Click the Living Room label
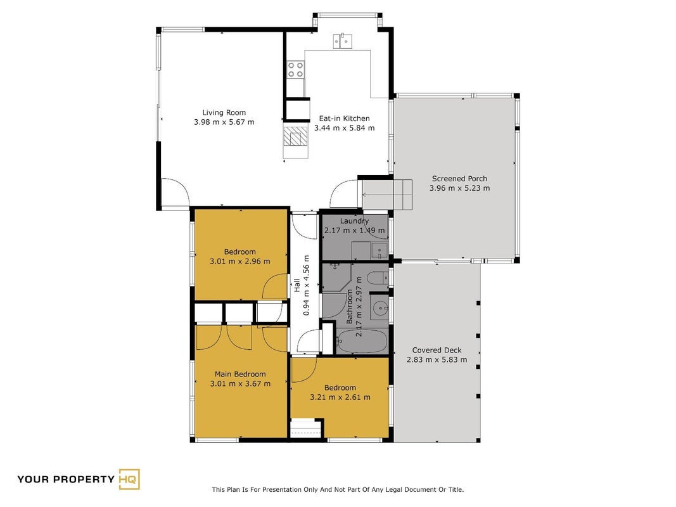tap(224, 113)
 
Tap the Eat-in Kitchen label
tap(344, 118)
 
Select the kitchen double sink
tap(342, 41)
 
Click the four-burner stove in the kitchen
tap(295, 70)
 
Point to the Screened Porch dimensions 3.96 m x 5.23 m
tap(459, 188)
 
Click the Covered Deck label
tap(437, 350)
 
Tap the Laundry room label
tap(354, 221)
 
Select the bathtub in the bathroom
tap(362, 342)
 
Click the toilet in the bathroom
tap(379, 278)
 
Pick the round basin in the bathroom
tap(380, 308)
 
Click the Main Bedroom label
tap(240, 374)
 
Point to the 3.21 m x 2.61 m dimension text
tap(340, 397)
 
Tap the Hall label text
tap(297, 285)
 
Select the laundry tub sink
tap(379, 250)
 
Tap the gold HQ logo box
tap(129, 479)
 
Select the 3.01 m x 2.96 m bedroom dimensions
tap(239, 261)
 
